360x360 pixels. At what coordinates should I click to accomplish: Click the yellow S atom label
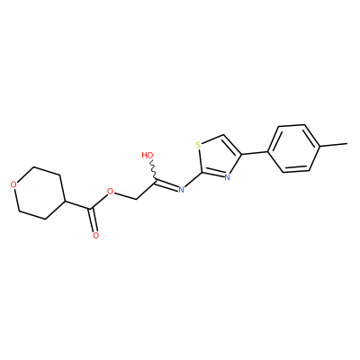[x=198, y=146]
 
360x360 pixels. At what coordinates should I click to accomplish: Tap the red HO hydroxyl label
[x=148, y=155]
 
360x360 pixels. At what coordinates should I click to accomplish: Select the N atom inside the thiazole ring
[x=227, y=177]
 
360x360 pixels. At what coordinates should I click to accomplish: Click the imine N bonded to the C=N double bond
[x=181, y=189]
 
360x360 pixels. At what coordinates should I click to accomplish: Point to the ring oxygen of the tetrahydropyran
[x=13, y=184]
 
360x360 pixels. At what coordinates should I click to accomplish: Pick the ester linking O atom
[x=111, y=192]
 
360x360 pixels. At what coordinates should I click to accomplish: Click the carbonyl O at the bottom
[x=95, y=235]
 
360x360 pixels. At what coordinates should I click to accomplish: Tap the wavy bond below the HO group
[x=154, y=169]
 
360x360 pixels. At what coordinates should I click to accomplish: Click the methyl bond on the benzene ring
[x=334, y=145]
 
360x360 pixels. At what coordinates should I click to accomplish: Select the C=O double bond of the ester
[x=93, y=220]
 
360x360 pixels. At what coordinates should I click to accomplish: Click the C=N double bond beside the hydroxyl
[x=166, y=185]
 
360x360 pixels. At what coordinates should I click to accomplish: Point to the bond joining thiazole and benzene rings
[x=255, y=153]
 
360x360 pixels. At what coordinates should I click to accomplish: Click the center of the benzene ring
[x=294, y=148]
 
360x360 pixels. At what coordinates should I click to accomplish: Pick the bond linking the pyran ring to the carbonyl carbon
[x=77, y=205]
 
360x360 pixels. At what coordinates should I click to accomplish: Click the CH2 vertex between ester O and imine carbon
[x=136, y=199]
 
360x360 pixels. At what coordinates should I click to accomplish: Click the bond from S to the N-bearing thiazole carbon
[x=200, y=161]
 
